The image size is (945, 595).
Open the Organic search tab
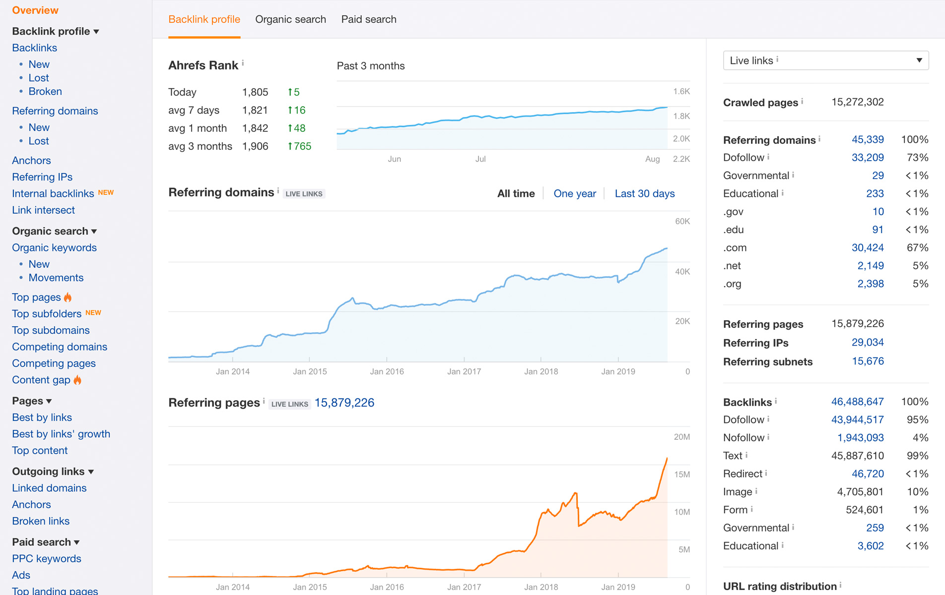pyautogui.click(x=290, y=19)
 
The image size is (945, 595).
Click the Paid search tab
pyautogui.click(x=369, y=19)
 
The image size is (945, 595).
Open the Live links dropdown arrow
pyautogui.click(x=919, y=60)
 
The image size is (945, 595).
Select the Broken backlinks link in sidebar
pyautogui.click(x=45, y=91)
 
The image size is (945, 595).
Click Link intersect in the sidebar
pyautogui.click(x=43, y=210)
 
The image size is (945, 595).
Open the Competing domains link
pyautogui.click(x=60, y=347)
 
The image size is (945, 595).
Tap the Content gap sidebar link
pyautogui.click(x=41, y=380)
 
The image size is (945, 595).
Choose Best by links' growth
pyautogui.click(x=61, y=434)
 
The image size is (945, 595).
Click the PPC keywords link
pyautogui.click(x=47, y=558)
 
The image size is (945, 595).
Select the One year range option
pyautogui.click(x=575, y=193)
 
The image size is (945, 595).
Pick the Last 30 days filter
pyautogui.click(x=645, y=193)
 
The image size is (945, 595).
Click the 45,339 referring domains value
pyautogui.click(x=868, y=140)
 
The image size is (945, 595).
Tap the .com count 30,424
pyautogui.click(x=868, y=247)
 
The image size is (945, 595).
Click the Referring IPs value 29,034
pyautogui.click(x=868, y=342)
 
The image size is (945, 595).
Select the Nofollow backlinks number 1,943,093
pyautogui.click(x=861, y=437)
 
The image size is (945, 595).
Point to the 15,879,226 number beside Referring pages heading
pyautogui.click(x=344, y=403)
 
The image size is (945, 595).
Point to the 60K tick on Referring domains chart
pyautogui.click(x=682, y=221)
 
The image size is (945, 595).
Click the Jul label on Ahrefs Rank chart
pyautogui.click(x=480, y=159)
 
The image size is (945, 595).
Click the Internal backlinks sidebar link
pyautogui.click(x=53, y=193)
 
